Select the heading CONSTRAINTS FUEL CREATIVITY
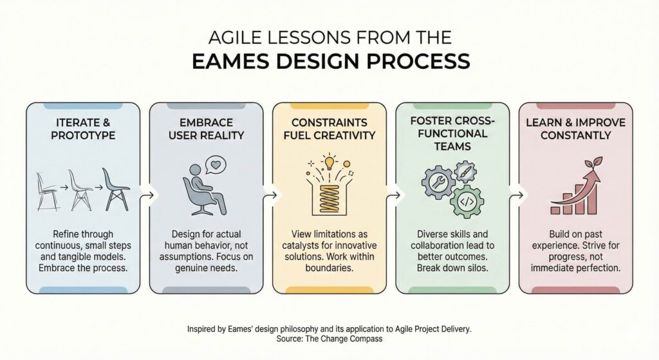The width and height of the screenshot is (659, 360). coord(329,129)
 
